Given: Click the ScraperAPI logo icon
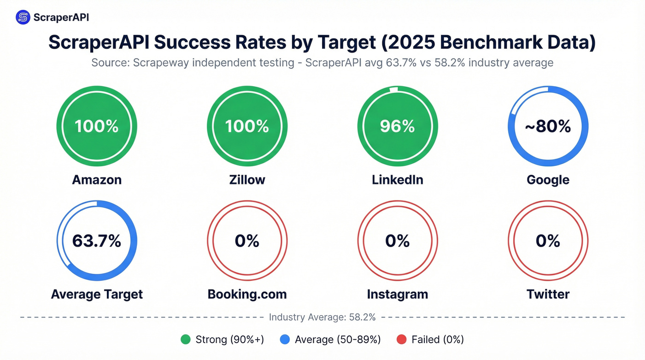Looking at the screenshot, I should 23,18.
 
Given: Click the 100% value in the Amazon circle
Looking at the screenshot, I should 97,126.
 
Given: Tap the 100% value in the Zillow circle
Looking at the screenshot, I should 247,126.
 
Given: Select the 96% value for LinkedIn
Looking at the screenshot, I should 398,126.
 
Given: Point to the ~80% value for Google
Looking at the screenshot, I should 548,126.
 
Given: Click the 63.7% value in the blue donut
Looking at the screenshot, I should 97,241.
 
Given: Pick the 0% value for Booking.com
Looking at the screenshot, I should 247,241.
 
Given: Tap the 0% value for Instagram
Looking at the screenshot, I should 398,241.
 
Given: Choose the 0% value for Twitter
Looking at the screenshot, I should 548,241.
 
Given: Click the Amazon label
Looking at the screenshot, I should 97,179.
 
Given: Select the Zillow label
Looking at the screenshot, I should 247,179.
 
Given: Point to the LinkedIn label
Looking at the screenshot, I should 398,179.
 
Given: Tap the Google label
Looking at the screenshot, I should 548,179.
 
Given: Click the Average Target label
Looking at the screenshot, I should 97,294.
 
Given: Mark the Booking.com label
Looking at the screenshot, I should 247,294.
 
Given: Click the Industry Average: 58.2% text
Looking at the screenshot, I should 322,317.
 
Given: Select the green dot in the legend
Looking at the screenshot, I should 186,340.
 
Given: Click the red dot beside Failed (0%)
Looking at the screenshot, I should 401,340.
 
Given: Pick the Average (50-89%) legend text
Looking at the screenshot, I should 338,340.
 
